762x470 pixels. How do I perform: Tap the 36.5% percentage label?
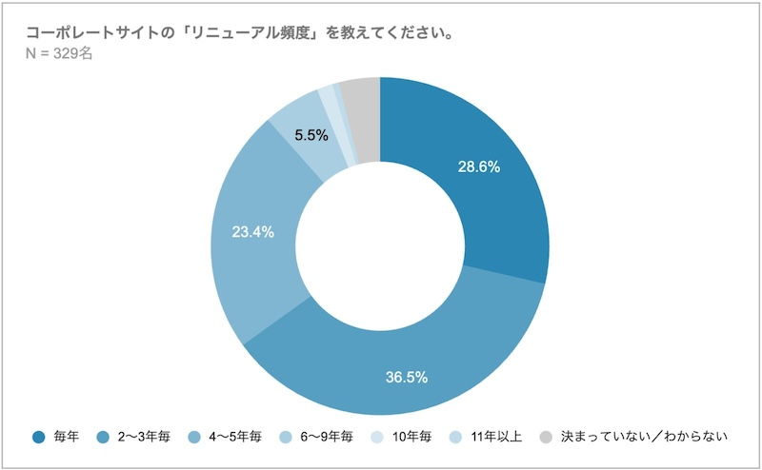tap(407, 377)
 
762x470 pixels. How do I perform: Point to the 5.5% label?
tap(311, 135)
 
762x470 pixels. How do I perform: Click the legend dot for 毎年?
tap(37, 438)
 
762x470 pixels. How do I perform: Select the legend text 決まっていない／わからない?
tap(644, 438)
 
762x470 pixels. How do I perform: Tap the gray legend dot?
tap(545, 438)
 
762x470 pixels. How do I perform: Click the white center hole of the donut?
tap(380, 247)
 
